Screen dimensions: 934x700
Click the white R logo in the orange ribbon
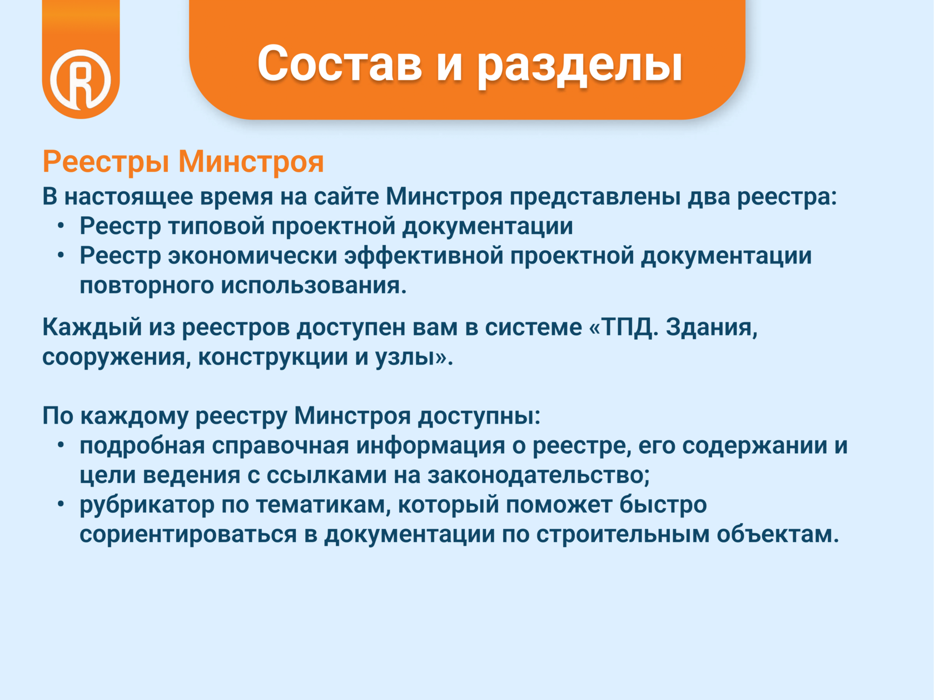(x=81, y=80)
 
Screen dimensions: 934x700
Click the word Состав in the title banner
(x=340, y=63)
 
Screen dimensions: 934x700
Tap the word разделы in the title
(x=579, y=66)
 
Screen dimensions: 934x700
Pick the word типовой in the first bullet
(x=216, y=226)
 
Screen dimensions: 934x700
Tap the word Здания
(x=712, y=327)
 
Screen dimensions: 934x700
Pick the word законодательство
(x=538, y=476)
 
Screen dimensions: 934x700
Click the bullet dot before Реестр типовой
(x=61, y=226)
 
